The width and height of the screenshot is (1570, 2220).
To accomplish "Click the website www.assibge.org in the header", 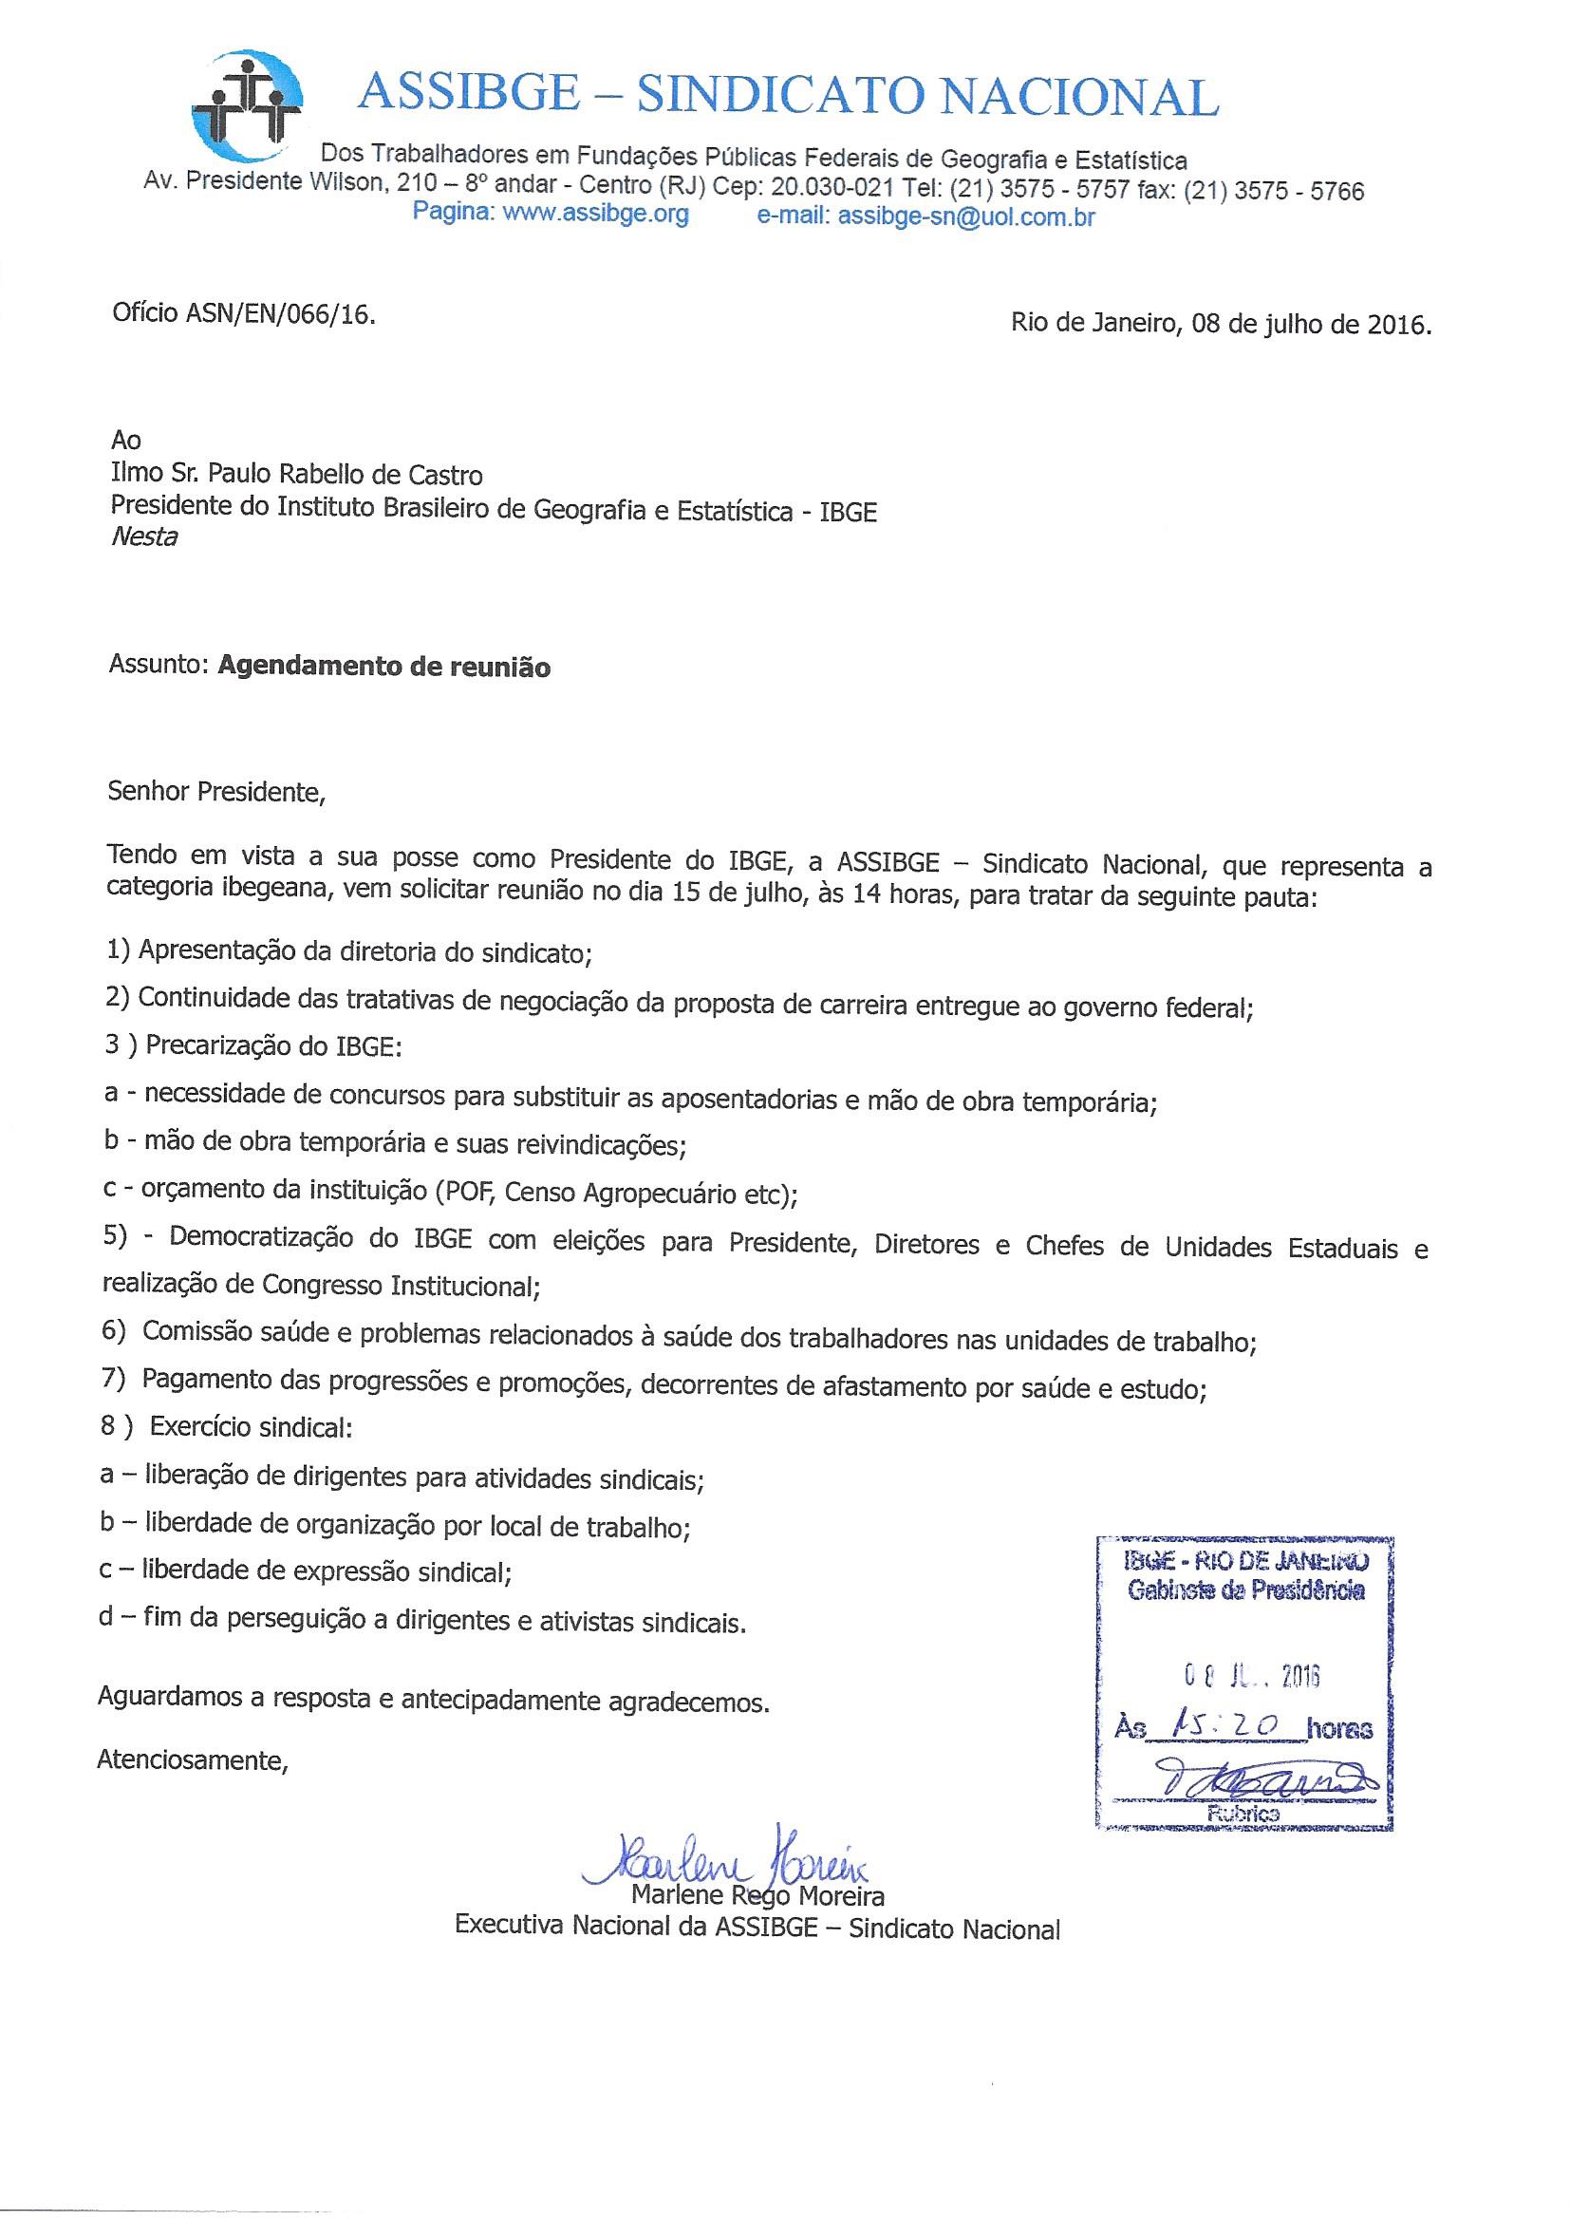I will click(x=595, y=214).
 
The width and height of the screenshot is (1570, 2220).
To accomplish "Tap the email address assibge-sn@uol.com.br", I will click(x=965, y=216).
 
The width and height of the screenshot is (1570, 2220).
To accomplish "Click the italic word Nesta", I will click(x=144, y=537).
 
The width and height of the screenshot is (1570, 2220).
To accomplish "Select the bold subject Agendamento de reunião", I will click(x=383, y=668).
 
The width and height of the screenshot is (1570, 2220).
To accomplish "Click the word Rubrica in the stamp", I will click(x=1245, y=1814).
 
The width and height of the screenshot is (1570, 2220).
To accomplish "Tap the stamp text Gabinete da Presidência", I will click(x=1245, y=1590).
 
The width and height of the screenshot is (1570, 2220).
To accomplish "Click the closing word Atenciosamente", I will click(x=193, y=1759).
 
